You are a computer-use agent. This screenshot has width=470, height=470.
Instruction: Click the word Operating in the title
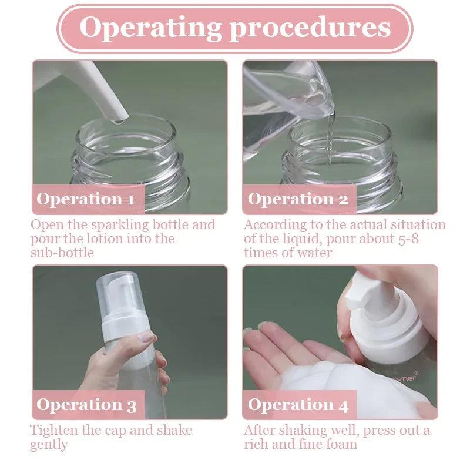(150, 28)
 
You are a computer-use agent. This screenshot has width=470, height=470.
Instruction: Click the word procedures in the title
(310, 28)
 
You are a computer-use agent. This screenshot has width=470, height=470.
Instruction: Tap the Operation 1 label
(86, 199)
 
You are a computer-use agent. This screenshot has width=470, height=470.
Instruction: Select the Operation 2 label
(298, 199)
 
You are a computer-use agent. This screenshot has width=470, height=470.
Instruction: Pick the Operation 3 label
(86, 405)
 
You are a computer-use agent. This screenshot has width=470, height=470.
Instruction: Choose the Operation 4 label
(298, 405)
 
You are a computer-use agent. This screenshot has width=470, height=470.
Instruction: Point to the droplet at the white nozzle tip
(119, 122)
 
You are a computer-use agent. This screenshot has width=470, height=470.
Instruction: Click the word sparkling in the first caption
(120, 226)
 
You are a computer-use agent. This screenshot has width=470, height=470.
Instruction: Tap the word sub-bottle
(62, 253)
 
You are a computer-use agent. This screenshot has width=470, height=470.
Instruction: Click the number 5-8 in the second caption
(408, 239)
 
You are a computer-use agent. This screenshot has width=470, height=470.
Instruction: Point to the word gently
(49, 445)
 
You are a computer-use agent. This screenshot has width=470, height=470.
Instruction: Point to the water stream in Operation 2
(330, 138)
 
